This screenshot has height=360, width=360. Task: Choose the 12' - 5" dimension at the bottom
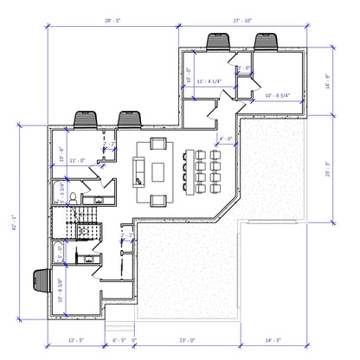[x=74, y=341]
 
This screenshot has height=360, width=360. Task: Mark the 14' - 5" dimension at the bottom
[x=275, y=341]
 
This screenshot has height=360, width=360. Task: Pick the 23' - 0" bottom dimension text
[x=188, y=341]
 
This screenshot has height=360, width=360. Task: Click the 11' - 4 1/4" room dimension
[x=209, y=82]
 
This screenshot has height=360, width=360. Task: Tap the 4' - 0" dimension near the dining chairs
[x=225, y=138]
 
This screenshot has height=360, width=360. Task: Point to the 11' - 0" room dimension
[x=76, y=160]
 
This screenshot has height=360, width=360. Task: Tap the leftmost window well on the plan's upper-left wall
[x=86, y=119]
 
